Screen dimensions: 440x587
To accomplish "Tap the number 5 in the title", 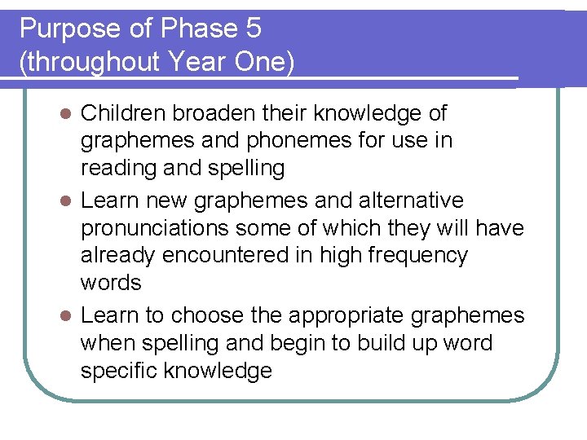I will pyautogui.click(x=252, y=29).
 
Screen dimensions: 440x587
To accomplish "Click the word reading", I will pyautogui.click(x=121, y=168).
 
